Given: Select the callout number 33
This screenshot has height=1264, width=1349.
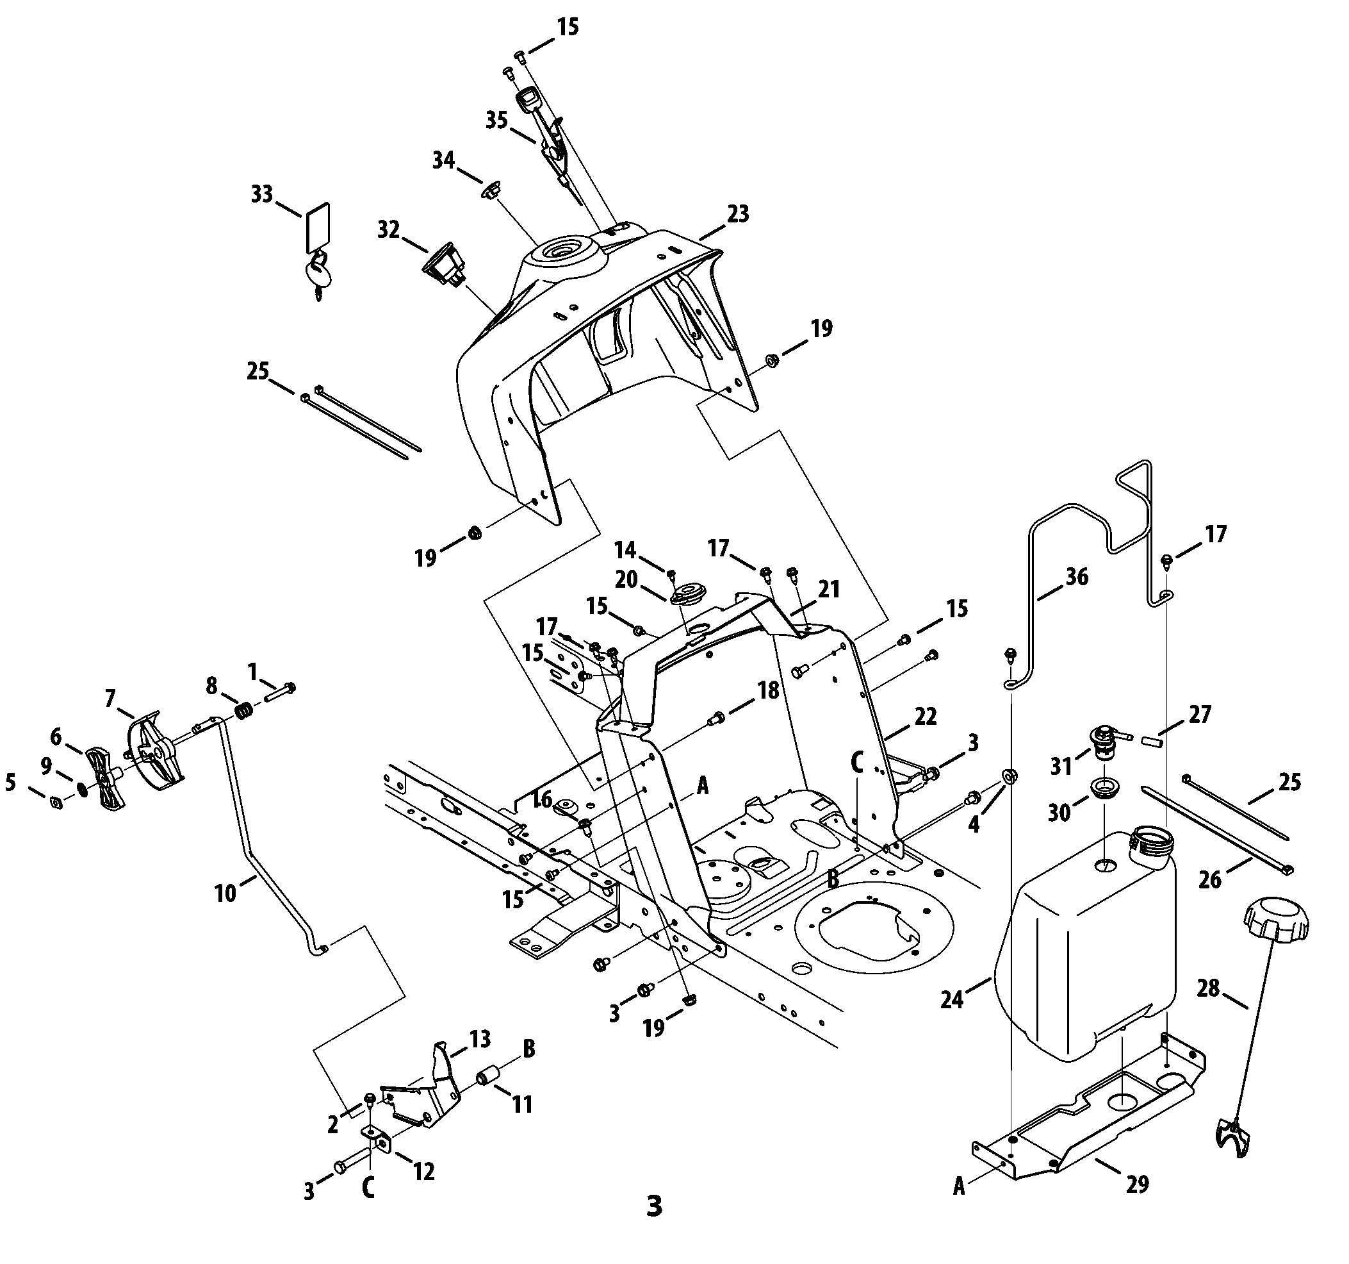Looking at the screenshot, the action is pyautogui.click(x=262, y=194).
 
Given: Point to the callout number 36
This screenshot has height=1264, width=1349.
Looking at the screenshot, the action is pyautogui.click(x=1077, y=576).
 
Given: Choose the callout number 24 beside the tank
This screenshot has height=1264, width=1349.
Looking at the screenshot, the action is pyautogui.click(x=952, y=1000).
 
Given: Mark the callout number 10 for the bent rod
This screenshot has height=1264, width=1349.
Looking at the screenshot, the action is pyautogui.click(x=225, y=893).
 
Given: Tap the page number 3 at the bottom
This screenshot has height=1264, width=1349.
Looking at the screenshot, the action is pyautogui.click(x=654, y=1206).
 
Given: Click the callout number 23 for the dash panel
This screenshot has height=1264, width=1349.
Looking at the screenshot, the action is pyautogui.click(x=738, y=214).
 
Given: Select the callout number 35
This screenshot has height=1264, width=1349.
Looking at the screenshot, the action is pyautogui.click(x=496, y=120).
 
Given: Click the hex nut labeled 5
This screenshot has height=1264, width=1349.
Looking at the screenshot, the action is pyautogui.click(x=58, y=803).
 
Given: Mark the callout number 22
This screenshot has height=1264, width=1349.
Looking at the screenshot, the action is pyautogui.click(x=926, y=717).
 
